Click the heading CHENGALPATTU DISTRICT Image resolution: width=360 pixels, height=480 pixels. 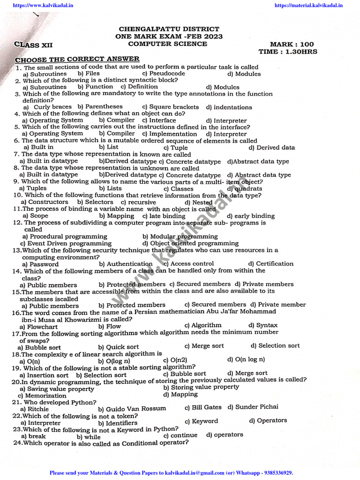pos(169,29)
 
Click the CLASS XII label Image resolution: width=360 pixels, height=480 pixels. pos(34,45)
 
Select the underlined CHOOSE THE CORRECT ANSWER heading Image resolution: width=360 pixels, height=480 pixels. pos(77,60)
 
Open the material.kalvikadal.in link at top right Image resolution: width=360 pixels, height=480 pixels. pos(308,6)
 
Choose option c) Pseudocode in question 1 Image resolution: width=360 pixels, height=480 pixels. pos(164,74)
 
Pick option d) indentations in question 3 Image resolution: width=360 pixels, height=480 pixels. pos(229,107)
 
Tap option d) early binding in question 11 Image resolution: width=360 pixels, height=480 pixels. pos(250,216)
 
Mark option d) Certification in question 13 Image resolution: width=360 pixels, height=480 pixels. pos(271,264)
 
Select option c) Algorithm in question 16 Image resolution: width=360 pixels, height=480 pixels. pos(203,325)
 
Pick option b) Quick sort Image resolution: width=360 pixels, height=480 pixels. pos(119,347)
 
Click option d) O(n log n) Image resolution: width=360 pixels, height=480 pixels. pos(246,360)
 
